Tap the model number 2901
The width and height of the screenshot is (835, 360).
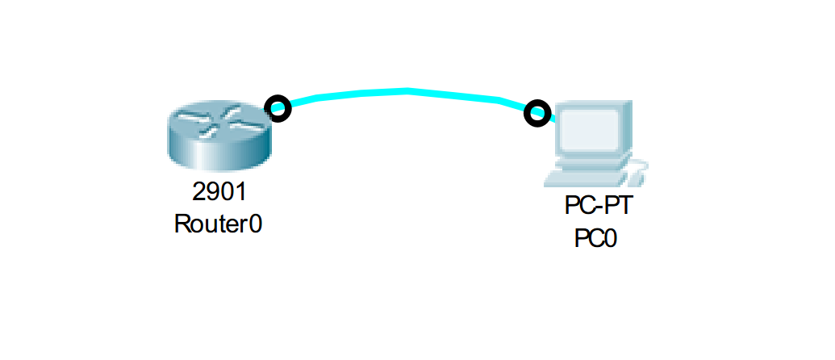point(219,192)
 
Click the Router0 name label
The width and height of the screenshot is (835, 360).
point(219,224)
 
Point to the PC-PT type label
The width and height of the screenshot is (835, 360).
point(599,207)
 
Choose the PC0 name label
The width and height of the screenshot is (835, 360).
point(595,239)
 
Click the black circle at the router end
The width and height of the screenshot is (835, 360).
point(278,108)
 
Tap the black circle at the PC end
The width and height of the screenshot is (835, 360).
point(536,114)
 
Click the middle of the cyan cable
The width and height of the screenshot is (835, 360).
point(407,91)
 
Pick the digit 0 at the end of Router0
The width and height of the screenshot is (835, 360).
point(256,224)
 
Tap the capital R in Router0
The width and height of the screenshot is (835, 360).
point(182,224)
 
